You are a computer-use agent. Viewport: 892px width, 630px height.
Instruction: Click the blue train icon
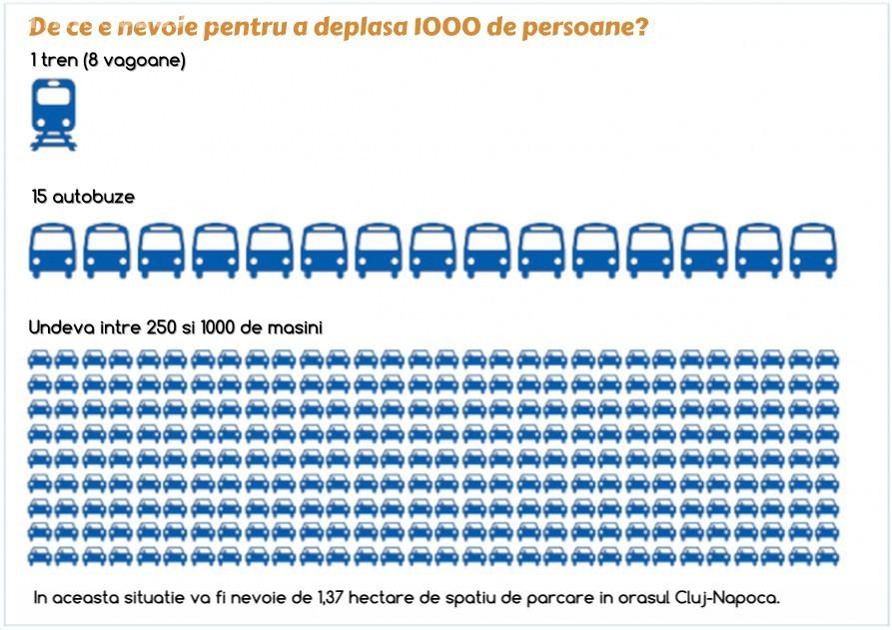[53, 113]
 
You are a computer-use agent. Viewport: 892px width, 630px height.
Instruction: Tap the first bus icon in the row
[53, 250]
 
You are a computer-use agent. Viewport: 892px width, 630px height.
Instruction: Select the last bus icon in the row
[813, 250]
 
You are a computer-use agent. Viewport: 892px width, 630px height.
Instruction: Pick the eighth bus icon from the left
[433, 250]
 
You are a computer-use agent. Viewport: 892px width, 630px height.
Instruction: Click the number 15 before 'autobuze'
[39, 198]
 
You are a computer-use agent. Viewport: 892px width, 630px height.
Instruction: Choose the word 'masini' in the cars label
[296, 326]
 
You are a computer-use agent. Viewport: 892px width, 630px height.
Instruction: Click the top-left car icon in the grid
[40, 358]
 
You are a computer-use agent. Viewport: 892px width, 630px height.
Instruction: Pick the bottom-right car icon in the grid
[827, 555]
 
